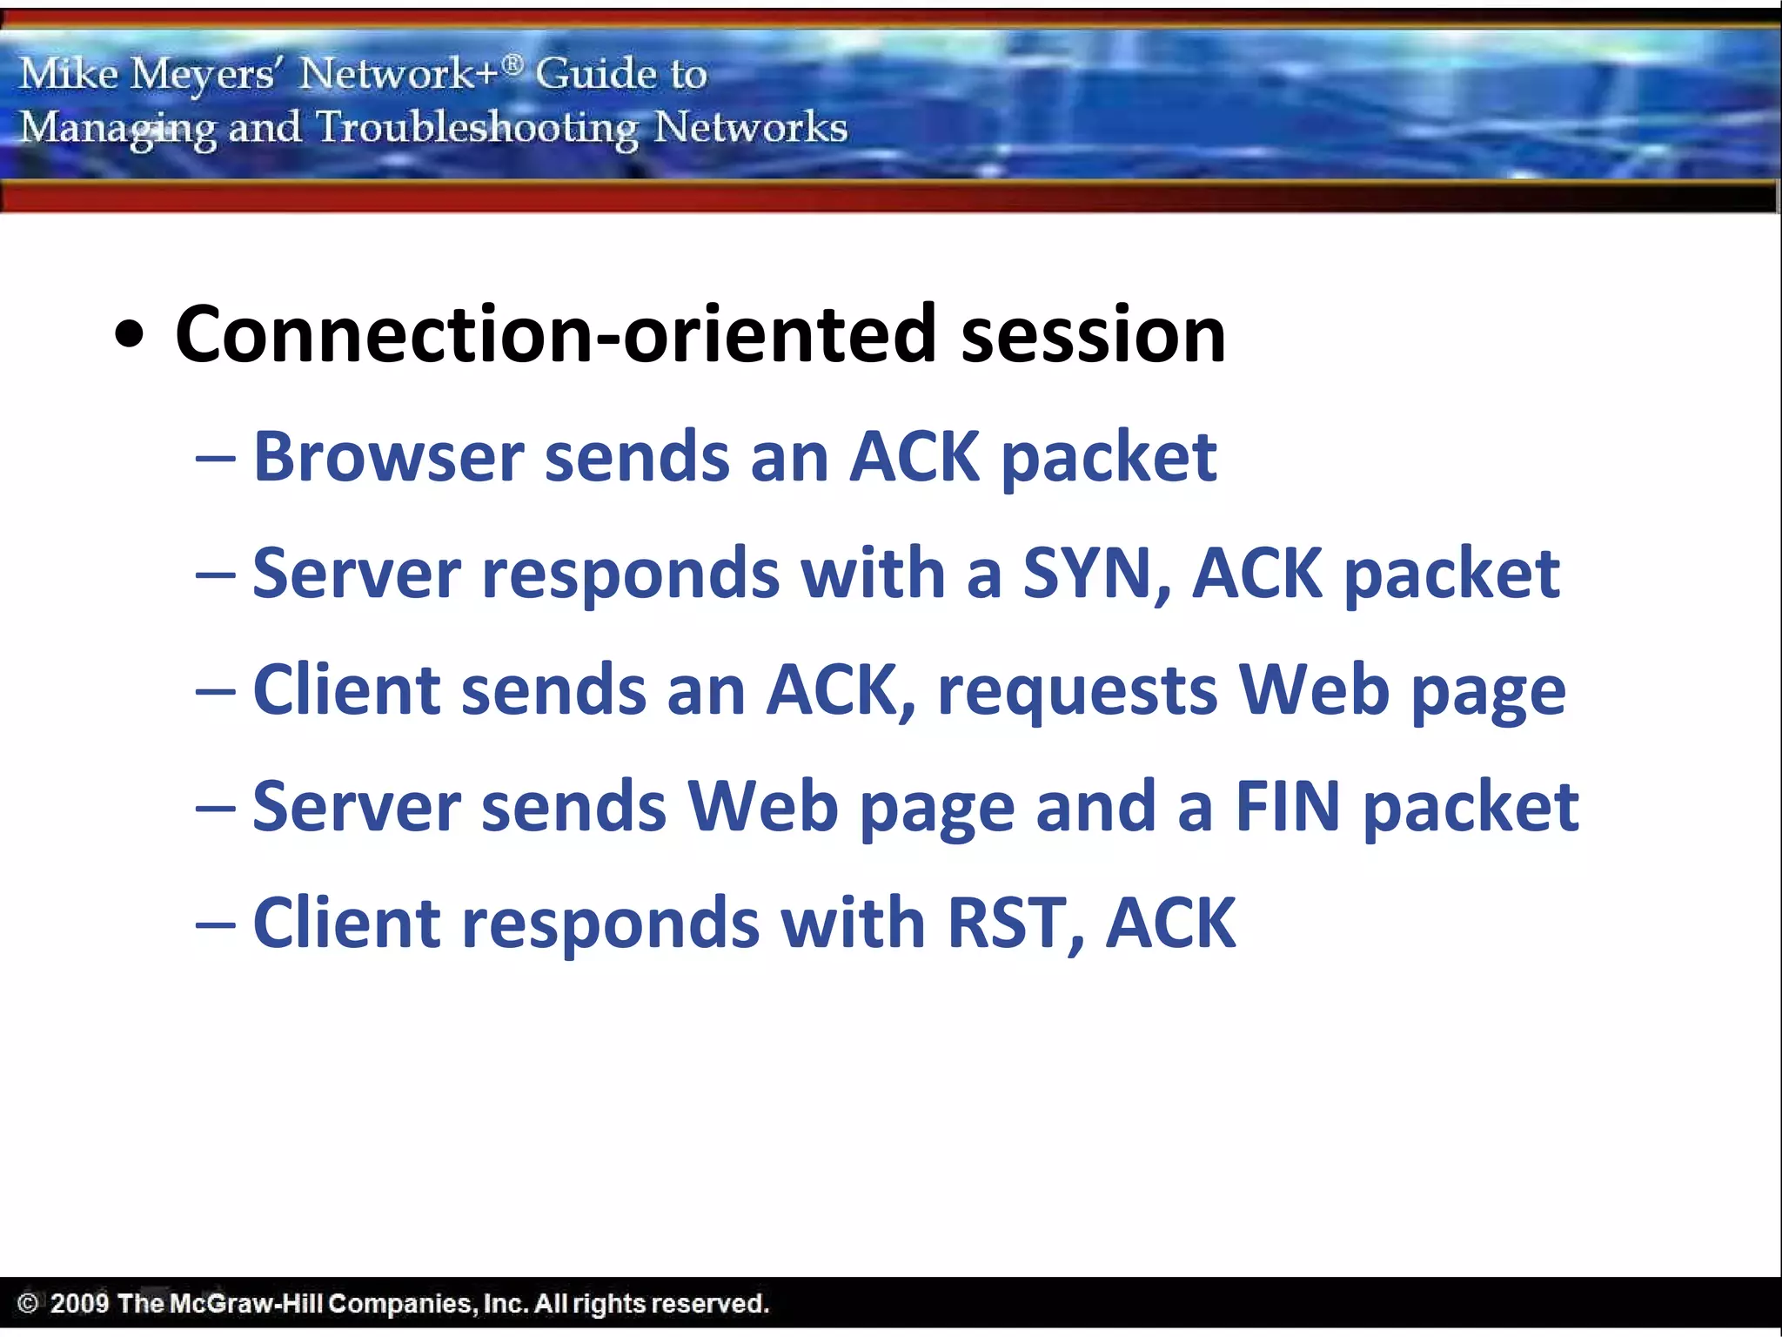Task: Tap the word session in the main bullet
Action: [x=1093, y=335]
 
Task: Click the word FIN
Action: [x=1288, y=807]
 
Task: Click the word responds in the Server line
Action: [x=631, y=575]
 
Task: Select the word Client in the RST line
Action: [x=347, y=924]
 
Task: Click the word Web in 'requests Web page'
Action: [x=1314, y=690]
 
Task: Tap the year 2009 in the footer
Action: [x=79, y=1303]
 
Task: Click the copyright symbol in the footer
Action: [x=28, y=1303]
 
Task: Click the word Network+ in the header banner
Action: [x=399, y=73]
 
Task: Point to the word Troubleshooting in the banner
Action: [x=477, y=129]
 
